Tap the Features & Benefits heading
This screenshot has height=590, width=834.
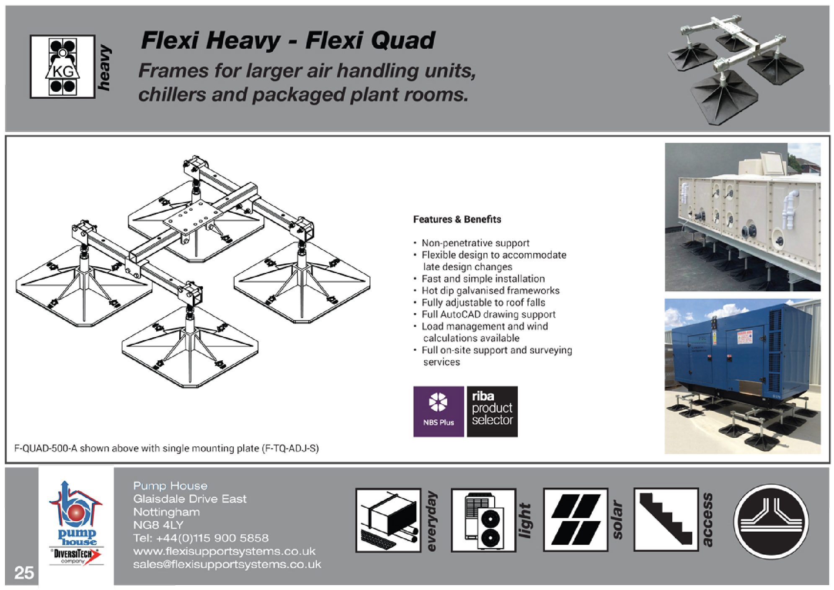pos(457,219)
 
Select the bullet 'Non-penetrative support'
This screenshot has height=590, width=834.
pos(475,243)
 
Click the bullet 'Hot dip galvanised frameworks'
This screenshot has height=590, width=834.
pos(490,290)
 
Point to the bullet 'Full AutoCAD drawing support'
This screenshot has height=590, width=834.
pos(488,314)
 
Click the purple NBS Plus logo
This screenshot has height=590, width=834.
pos(438,411)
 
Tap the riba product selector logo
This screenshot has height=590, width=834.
pos(492,411)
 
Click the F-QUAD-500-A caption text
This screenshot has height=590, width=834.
pos(166,448)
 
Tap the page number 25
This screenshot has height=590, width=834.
pos(24,572)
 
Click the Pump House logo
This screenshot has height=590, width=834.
pos(76,524)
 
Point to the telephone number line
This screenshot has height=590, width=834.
pos(201,538)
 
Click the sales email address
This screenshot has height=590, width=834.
pos(227,564)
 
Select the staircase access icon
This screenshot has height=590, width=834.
pos(666,519)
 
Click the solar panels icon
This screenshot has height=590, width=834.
pos(575,520)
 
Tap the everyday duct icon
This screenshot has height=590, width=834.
pos(388,520)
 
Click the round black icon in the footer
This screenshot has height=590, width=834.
pos(771,521)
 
